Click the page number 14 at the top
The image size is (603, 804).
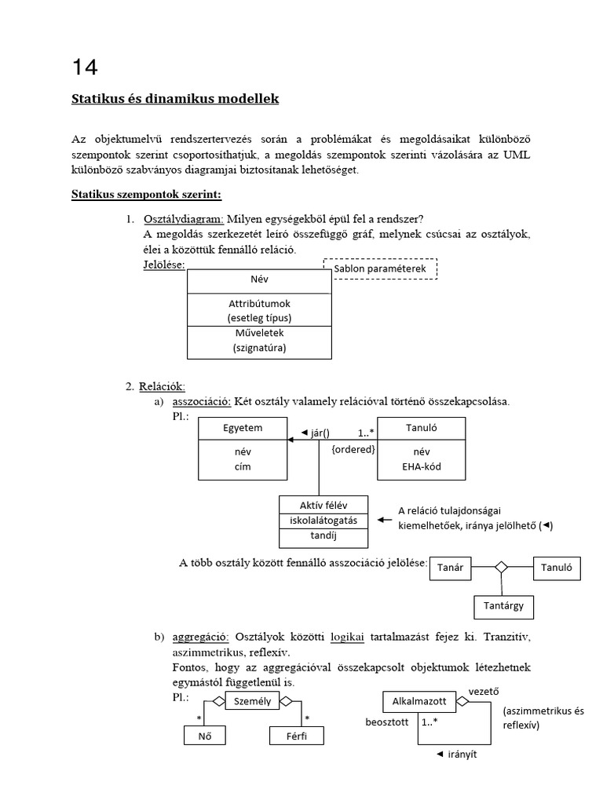pos(84,68)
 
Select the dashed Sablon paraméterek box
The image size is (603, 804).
pos(380,269)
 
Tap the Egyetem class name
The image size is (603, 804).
pos(243,428)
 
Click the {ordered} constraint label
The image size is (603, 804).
pos(353,450)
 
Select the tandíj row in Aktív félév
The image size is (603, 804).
pos(324,536)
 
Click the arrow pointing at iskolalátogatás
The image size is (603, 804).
pos(385,520)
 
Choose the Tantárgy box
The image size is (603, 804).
pos(503,606)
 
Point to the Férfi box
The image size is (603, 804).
pos(295,736)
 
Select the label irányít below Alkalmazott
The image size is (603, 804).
pos(462,754)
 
